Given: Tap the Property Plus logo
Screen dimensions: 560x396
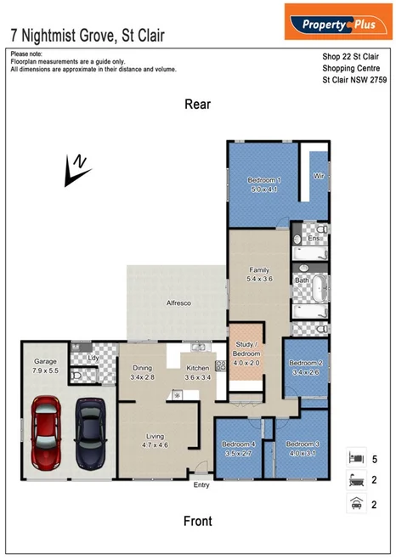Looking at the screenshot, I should (337, 24).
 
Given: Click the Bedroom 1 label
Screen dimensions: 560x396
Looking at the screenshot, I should (264, 180).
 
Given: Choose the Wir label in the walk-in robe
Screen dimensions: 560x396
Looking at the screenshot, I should (320, 176).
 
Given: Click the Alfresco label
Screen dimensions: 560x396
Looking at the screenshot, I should (177, 302).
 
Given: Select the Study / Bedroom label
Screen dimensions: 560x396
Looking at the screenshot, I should (248, 348).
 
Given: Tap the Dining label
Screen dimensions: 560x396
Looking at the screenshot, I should (142, 368).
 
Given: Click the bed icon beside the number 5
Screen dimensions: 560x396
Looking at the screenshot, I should (356, 456).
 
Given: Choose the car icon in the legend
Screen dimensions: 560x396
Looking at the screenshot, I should (356, 502).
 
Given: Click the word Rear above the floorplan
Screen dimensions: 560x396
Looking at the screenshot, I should (198, 105).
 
